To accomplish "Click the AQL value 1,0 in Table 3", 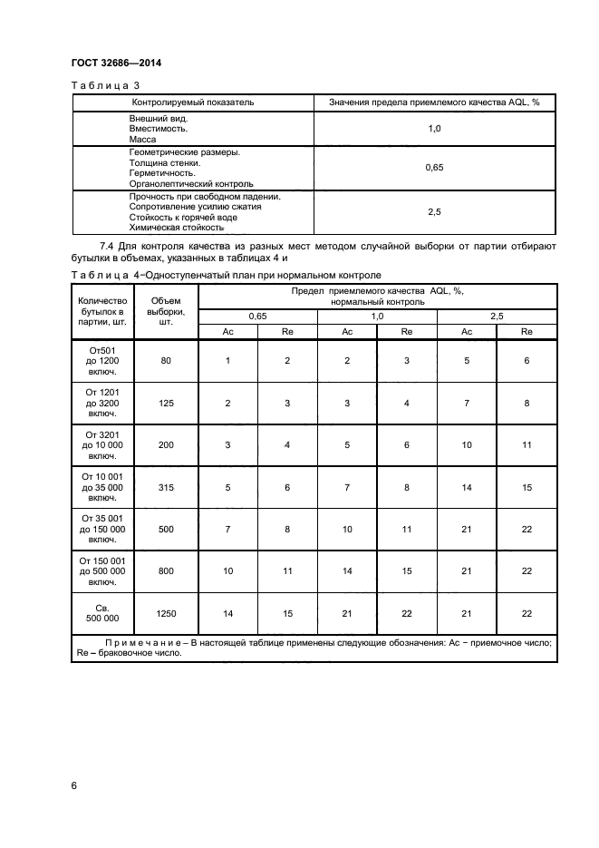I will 433,129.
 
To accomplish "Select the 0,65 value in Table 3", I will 433,168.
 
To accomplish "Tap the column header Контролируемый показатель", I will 192,102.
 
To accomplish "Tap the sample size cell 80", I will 166,361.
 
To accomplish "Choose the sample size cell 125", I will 166,403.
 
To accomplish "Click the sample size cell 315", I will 166,487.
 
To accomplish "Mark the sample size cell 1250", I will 166,614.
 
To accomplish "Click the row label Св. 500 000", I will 102,614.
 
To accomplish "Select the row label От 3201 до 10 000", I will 102,445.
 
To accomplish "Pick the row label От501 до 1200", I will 102,361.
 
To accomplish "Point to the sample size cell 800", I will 166,571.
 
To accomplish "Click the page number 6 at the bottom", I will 74,785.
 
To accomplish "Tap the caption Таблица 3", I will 99,85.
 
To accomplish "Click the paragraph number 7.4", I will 106,246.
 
